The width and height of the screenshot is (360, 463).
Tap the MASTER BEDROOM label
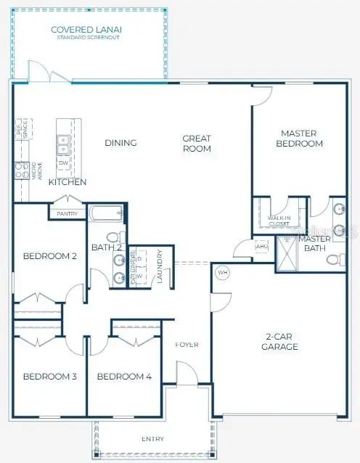301,139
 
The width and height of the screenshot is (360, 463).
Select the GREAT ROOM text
197,144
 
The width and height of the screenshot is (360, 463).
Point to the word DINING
120,143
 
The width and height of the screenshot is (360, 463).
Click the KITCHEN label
67,182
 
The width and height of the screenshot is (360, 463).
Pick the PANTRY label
67,213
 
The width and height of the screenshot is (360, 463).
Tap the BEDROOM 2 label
50,256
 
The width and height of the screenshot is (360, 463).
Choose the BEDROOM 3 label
50,377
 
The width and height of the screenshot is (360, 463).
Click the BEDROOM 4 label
124,377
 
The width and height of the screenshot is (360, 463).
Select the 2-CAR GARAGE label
279,342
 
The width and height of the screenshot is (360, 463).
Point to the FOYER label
187,344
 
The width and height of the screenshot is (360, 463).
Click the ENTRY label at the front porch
152,439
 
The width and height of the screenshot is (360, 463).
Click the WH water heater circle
223,273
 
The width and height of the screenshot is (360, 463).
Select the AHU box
261,246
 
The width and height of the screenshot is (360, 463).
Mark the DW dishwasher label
62,163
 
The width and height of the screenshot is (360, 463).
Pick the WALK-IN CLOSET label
280,221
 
